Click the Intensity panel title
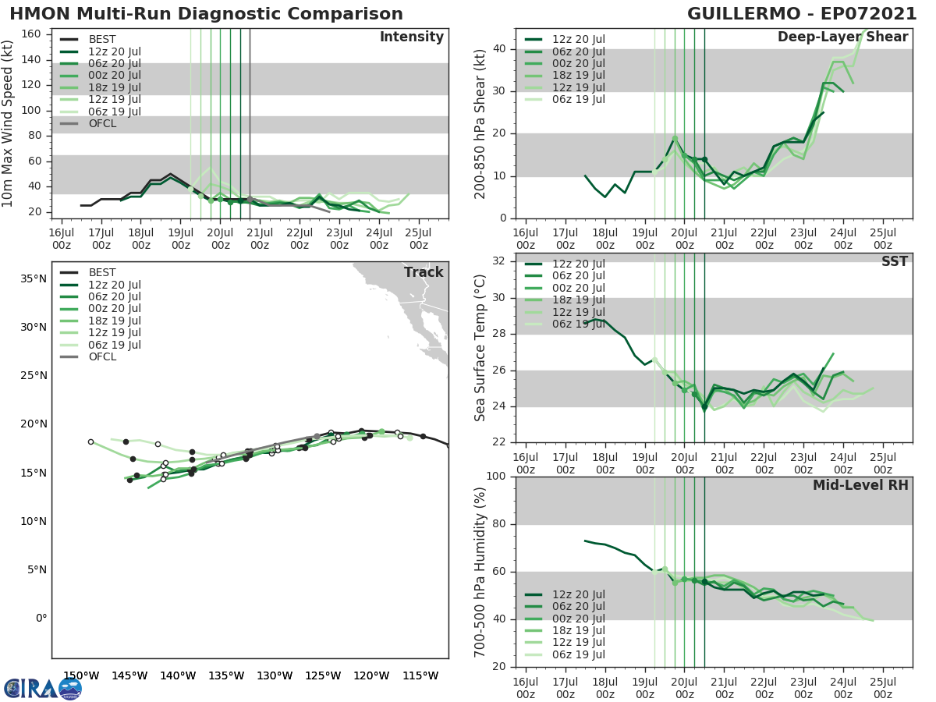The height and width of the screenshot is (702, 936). [412, 37]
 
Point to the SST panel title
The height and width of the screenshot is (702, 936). [894, 261]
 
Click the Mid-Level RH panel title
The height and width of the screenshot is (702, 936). [860, 485]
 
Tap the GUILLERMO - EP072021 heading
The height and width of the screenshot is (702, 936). [802, 14]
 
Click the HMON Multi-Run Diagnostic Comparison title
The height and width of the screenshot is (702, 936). [206, 14]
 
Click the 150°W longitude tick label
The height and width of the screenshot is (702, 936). [81, 675]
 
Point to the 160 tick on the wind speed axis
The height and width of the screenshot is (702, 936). [32, 34]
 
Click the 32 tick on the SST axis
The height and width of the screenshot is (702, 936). [501, 261]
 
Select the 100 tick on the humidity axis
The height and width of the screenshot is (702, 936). [496, 476]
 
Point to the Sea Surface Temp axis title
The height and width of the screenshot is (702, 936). [480, 348]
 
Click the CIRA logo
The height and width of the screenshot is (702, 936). [43, 688]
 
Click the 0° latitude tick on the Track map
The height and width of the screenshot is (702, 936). [41, 618]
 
